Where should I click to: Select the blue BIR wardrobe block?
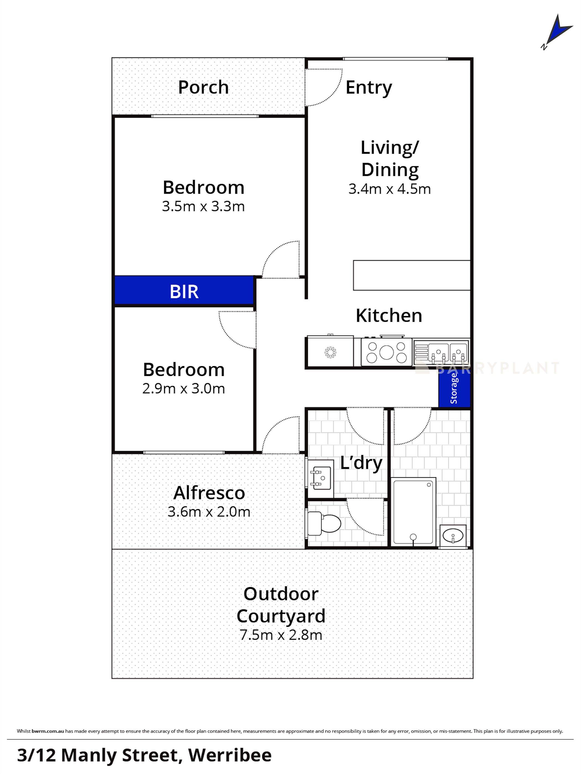(x=184, y=291)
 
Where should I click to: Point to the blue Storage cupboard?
(x=454, y=388)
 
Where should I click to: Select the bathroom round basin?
(x=453, y=535)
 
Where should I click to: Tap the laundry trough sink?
(x=320, y=477)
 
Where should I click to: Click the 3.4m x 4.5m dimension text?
(x=389, y=189)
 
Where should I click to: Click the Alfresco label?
(x=209, y=493)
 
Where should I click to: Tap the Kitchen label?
(x=389, y=316)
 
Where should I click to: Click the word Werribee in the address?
(x=230, y=754)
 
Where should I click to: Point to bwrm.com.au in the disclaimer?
(x=48, y=731)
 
